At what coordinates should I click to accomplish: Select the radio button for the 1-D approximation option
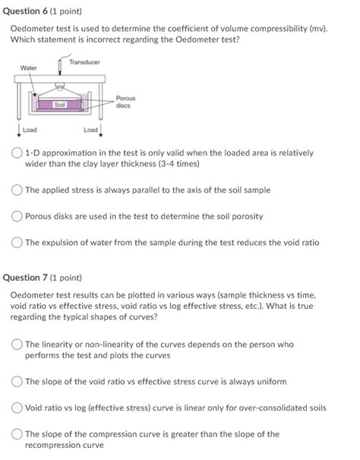point(17,153)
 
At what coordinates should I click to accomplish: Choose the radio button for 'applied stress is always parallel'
point(17,190)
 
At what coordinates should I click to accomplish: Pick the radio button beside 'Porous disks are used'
point(17,216)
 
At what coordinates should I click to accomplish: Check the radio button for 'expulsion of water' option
point(17,243)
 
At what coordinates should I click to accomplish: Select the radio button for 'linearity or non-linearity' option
point(17,345)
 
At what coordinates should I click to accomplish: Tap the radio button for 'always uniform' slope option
point(17,381)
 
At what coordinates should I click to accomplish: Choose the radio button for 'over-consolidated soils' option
point(17,408)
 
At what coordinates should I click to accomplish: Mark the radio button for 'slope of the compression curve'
point(17,434)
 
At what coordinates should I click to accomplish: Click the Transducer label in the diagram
point(84,61)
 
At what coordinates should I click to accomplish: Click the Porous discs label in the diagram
point(125,102)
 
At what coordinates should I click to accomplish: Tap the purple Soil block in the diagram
point(59,104)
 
